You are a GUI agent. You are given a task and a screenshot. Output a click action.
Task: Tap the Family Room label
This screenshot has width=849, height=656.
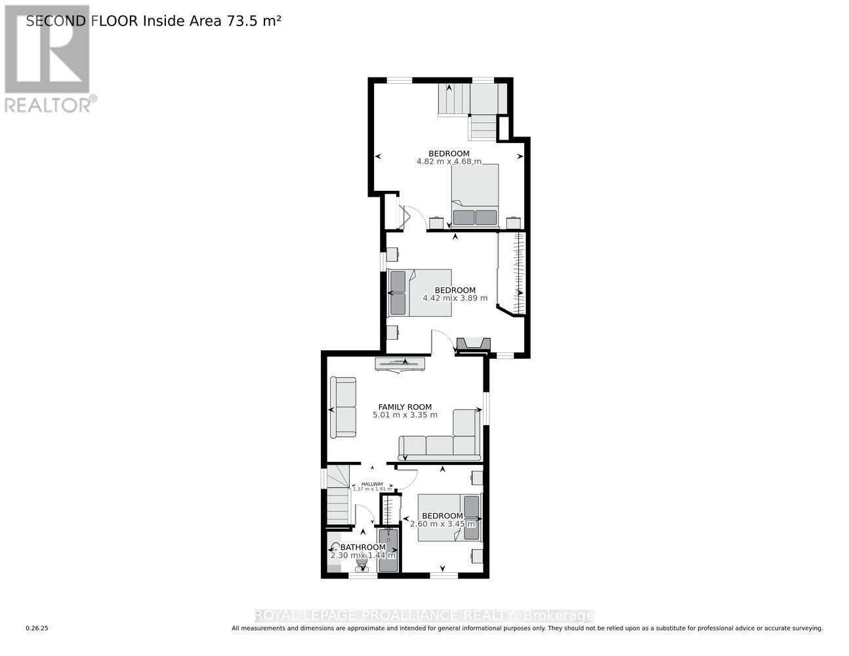pos(405,407)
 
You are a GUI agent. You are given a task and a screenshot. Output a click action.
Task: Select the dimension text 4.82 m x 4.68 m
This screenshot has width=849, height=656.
pos(449,161)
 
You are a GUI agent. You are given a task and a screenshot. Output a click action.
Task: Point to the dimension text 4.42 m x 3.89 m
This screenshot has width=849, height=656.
pos(455,298)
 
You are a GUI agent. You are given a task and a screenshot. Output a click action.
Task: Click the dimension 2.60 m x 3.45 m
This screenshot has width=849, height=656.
pos(442,524)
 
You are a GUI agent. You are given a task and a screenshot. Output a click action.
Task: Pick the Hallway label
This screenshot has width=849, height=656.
pos(372,484)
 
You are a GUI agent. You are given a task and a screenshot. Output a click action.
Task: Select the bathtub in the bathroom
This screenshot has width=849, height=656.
pos(388,551)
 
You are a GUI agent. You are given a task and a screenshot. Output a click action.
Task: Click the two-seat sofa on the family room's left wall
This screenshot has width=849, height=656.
pos(343,407)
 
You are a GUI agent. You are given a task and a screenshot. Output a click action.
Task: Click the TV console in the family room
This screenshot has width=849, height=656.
pos(400,364)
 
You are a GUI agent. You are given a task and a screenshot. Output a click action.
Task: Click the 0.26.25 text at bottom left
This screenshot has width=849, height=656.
pos(37,628)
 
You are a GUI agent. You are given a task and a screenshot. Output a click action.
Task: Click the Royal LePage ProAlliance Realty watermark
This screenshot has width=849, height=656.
pos(424,615)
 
